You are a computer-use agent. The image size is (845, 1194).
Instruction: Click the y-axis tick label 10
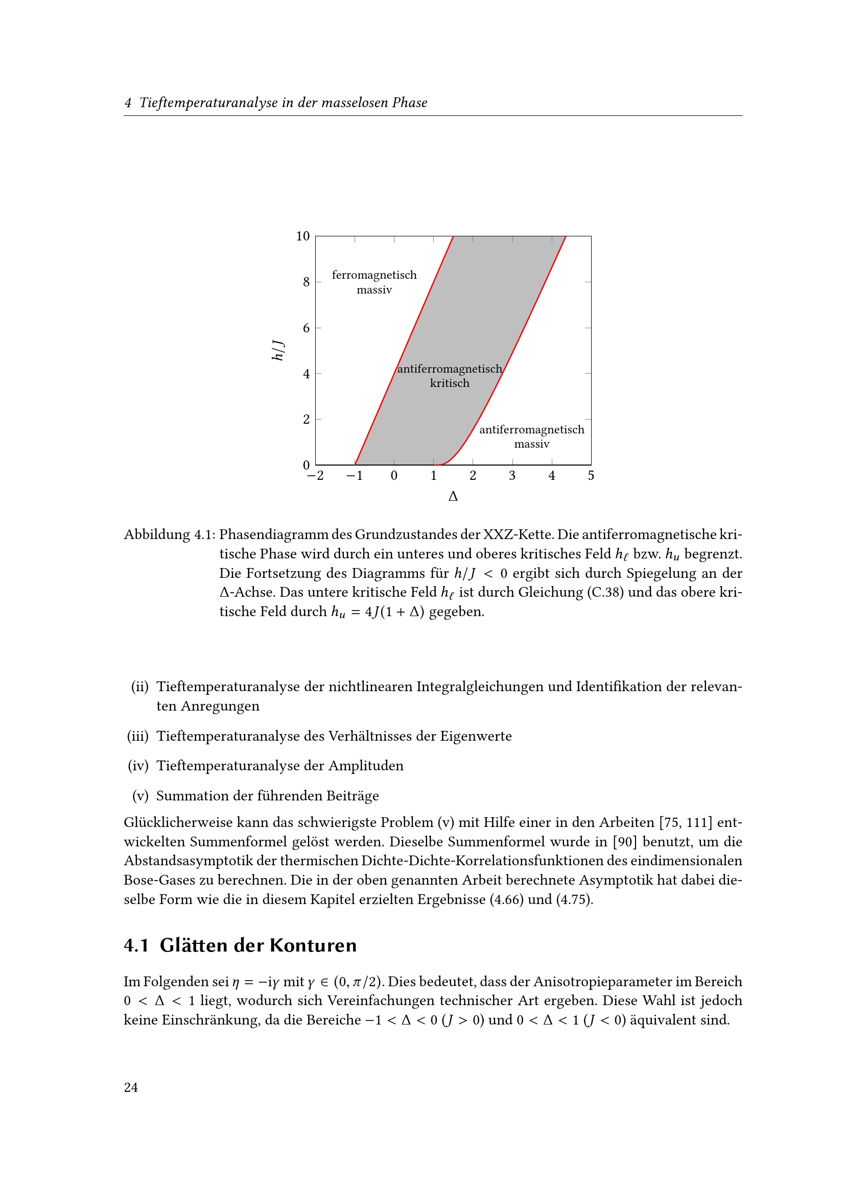pos(302,236)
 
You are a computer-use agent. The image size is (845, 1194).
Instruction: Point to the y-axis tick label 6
pos(306,328)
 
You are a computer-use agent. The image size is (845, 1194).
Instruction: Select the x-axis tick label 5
pos(591,475)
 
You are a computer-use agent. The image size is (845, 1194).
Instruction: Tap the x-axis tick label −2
pos(315,475)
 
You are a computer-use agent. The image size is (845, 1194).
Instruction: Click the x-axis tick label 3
pos(512,475)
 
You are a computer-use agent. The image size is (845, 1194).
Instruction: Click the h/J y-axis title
pos(278,351)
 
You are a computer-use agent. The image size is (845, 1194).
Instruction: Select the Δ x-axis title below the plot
pos(453,497)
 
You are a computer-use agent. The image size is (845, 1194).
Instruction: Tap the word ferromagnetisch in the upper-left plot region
pos(374,275)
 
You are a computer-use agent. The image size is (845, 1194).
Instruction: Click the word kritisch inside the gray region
pos(450,383)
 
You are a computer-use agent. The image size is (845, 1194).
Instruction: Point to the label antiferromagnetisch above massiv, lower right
pos(531,429)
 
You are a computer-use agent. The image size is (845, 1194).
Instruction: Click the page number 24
pos(131,1087)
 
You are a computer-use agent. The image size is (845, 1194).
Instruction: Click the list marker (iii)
pos(138,736)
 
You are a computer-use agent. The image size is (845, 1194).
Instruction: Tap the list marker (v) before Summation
pos(140,796)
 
